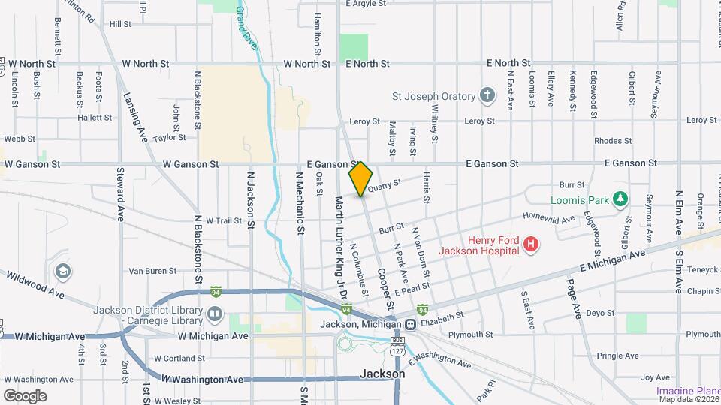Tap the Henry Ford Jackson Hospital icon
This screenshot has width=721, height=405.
click(x=531, y=244)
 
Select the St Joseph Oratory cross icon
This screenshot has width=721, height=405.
click(x=487, y=96)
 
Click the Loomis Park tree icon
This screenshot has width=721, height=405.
click(x=620, y=199)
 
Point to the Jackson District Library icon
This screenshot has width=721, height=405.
click(x=215, y=313)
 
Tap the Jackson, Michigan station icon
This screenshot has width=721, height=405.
click(x=411, y=324)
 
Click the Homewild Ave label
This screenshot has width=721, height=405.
click(x=548, y=218)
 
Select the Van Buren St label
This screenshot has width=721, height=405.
click(x=152, y=271)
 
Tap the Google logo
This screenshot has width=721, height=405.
click(x=25, y=395)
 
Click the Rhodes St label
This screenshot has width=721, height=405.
click(x=612, y=141)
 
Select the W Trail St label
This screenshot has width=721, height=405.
click(x=222, y=220)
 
